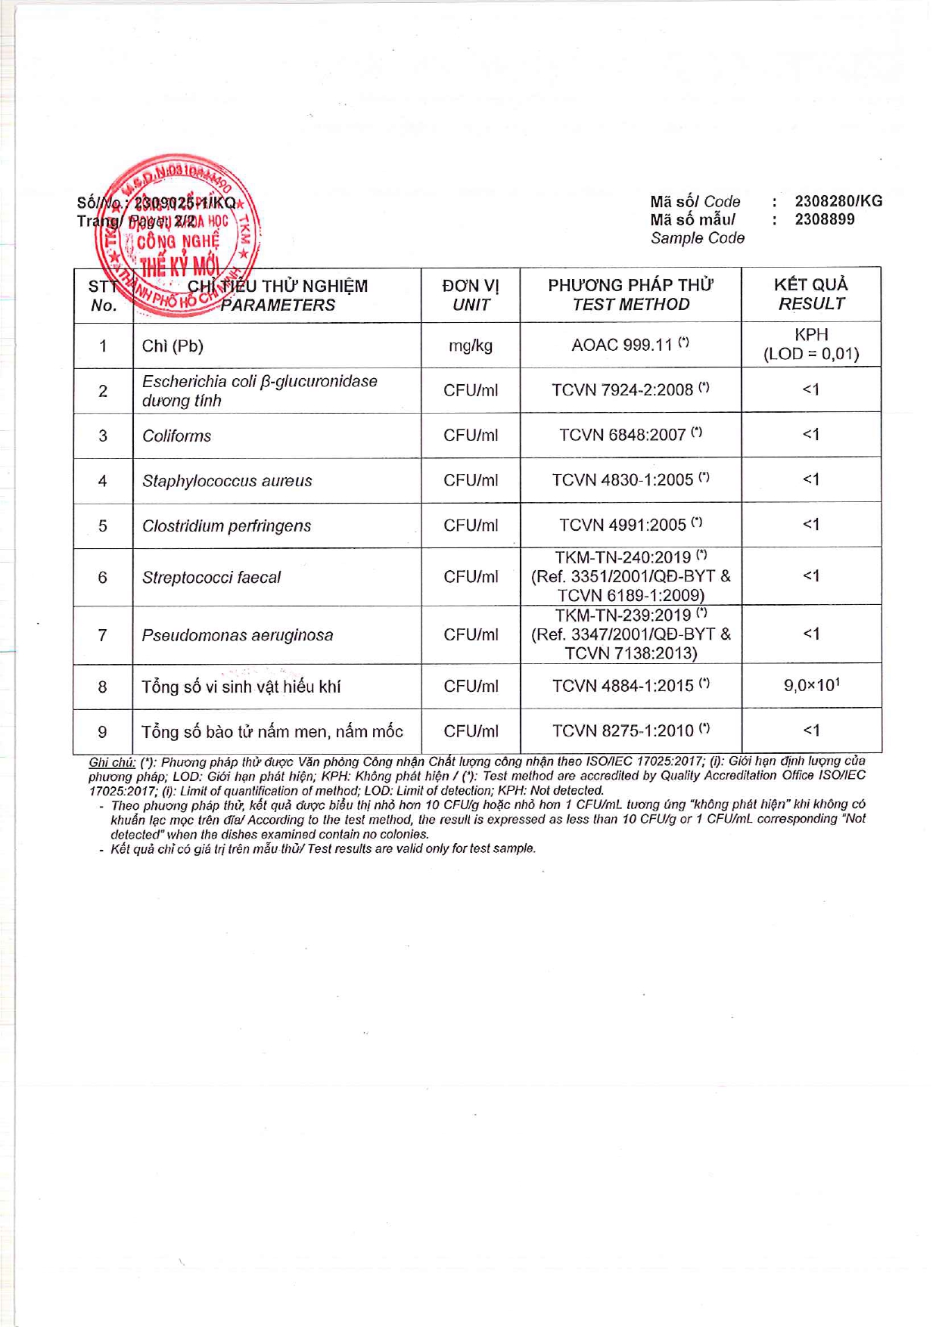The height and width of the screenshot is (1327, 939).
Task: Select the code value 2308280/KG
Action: pos(838,201)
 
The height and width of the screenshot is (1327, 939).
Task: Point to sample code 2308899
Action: pos(824,219)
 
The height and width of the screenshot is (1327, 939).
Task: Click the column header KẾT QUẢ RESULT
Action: pos(811,294)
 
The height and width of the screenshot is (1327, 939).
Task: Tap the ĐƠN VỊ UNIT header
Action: pos(471,295)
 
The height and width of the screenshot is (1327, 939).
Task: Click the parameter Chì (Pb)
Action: pos(173,346)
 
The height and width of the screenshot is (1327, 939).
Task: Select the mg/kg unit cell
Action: pos(471,346)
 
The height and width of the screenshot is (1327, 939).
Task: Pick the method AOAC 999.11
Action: pos(622,345)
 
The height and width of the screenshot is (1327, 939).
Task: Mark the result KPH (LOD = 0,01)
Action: pos(811,345)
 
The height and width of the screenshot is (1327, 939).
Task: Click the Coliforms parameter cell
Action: pos(176,436)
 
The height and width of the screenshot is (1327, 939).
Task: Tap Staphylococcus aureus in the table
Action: pos(227,481)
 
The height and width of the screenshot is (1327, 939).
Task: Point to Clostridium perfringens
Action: pos(226,526)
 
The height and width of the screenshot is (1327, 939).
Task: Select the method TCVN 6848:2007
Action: pos(622,435)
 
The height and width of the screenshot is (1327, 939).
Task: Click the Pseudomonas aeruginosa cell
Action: pos(237,635)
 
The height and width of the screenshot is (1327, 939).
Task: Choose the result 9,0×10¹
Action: pos(811,686)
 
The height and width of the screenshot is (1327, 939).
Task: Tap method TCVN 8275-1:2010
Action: pos(622,730)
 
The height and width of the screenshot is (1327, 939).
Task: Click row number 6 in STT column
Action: pos(103,578)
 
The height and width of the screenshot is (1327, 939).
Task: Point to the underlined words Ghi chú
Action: pos(112,762)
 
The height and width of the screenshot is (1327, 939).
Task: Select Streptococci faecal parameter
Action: pos(211,578)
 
